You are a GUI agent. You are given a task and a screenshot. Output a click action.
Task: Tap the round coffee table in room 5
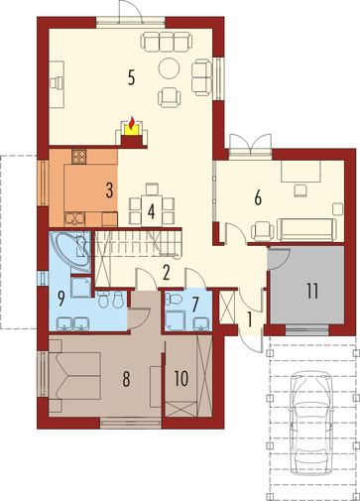[170, 68]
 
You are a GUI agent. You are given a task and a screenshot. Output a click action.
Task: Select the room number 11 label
[312, 291]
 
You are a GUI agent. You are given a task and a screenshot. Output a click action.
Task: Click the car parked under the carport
[310, 424]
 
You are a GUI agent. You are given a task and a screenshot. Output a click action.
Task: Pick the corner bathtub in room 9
[70, 251]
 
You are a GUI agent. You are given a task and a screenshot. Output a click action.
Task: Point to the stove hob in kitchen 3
[79, 157]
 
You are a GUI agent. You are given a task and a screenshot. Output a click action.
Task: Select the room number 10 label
[181, 378]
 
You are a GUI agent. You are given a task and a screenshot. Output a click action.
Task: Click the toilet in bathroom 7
[174, 299]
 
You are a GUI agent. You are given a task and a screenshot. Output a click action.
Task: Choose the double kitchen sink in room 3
[74, 218]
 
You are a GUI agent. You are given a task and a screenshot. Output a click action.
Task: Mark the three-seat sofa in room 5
[167, 42]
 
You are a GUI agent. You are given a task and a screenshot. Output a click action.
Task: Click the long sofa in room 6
[306, 229]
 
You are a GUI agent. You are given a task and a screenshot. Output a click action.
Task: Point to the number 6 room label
[258, 197]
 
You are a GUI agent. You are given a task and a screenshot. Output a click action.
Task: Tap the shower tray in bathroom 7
[176, 318]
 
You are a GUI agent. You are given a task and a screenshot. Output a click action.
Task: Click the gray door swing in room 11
[279, 259]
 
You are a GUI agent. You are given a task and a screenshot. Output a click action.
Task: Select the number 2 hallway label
[166, 273]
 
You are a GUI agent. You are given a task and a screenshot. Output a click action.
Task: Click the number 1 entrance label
[250, 319]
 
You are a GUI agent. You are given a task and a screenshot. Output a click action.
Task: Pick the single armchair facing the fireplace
[170, 97]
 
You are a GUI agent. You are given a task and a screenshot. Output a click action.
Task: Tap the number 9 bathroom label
[60, 299]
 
